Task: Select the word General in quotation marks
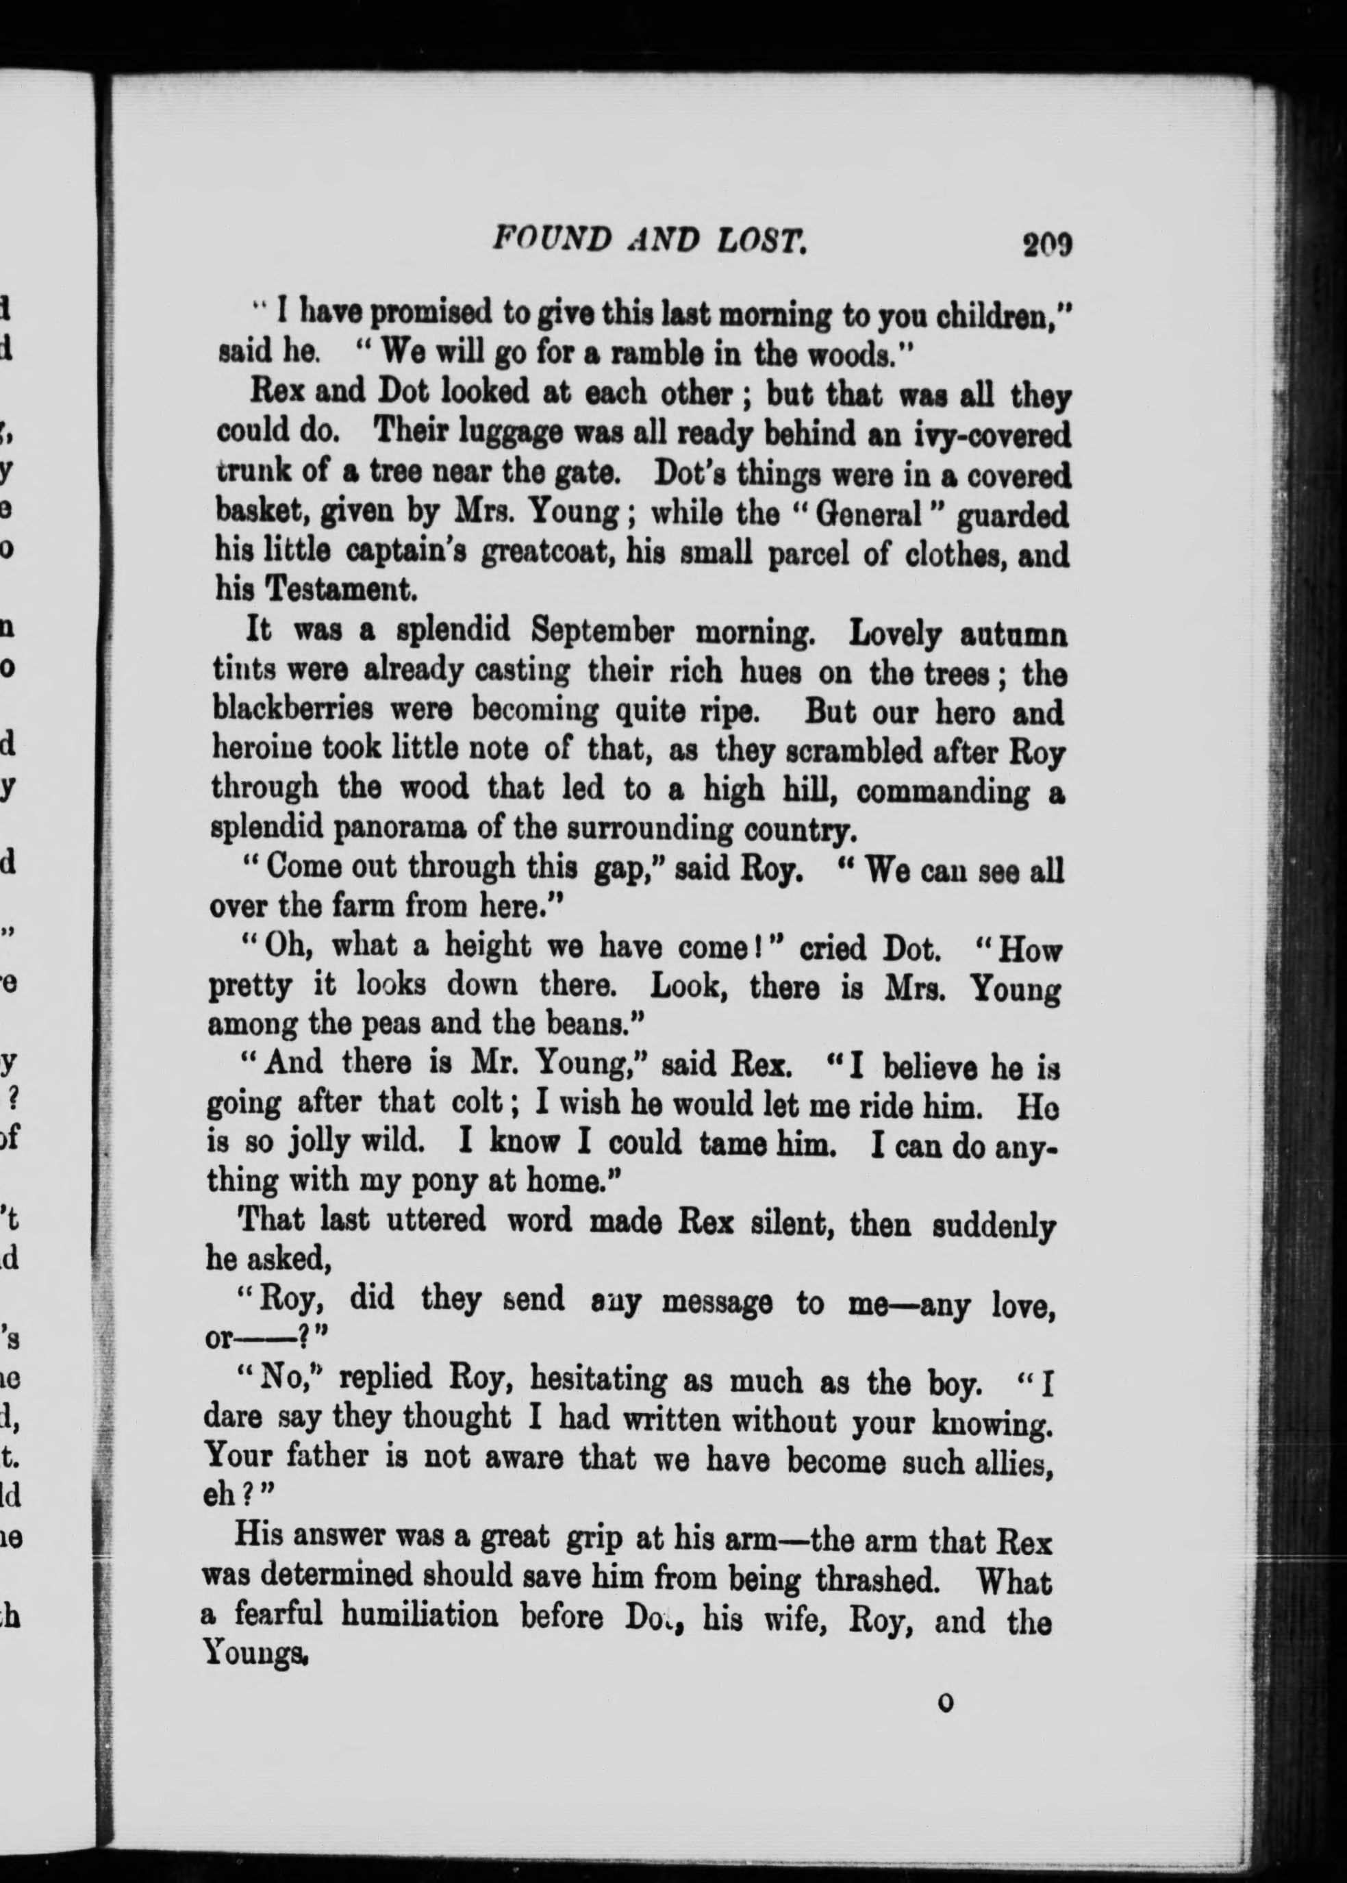point(870,515)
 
